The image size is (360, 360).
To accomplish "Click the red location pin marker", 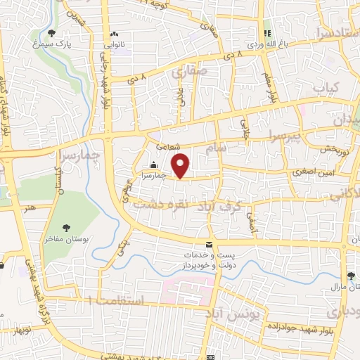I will click(x=181, y=165).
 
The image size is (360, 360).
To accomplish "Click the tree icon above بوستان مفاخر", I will click(x=66, y=227).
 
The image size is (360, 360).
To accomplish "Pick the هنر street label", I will click(x=28, y=209).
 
